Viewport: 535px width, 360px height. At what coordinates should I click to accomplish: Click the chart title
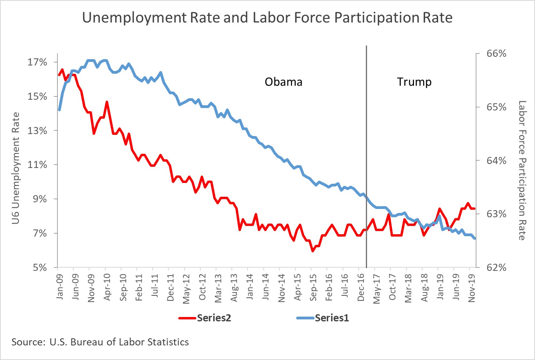pos(267,18)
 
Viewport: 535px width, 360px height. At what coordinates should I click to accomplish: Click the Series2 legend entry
pos(205,318)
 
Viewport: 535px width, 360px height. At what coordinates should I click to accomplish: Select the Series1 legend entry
pos(323,318)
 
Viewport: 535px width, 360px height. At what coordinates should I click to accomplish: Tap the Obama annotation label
pos(283,82)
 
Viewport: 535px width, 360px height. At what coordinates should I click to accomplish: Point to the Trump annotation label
pos(414,82)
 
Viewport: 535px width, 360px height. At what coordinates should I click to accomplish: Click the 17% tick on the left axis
pos(37,62)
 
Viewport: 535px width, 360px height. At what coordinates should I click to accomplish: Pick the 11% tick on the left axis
pos(37,165)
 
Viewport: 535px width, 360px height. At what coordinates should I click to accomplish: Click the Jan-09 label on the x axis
pos(60,287)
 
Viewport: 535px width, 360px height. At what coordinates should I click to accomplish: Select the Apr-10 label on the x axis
pos(107,287)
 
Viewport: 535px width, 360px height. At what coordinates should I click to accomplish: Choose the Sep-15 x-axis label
pos(313,287)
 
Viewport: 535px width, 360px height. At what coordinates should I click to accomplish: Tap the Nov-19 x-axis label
pos(472,287)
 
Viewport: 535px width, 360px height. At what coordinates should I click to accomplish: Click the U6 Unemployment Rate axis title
pos(15,168)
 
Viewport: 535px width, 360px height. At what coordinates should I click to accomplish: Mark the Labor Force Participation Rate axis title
pos(522,170)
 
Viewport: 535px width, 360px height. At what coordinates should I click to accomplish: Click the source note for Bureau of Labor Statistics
pos(100,342)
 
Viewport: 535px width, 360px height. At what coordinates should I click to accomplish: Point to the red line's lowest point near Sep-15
pos(313,251)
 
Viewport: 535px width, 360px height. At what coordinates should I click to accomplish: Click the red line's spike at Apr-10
pos(107,102)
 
